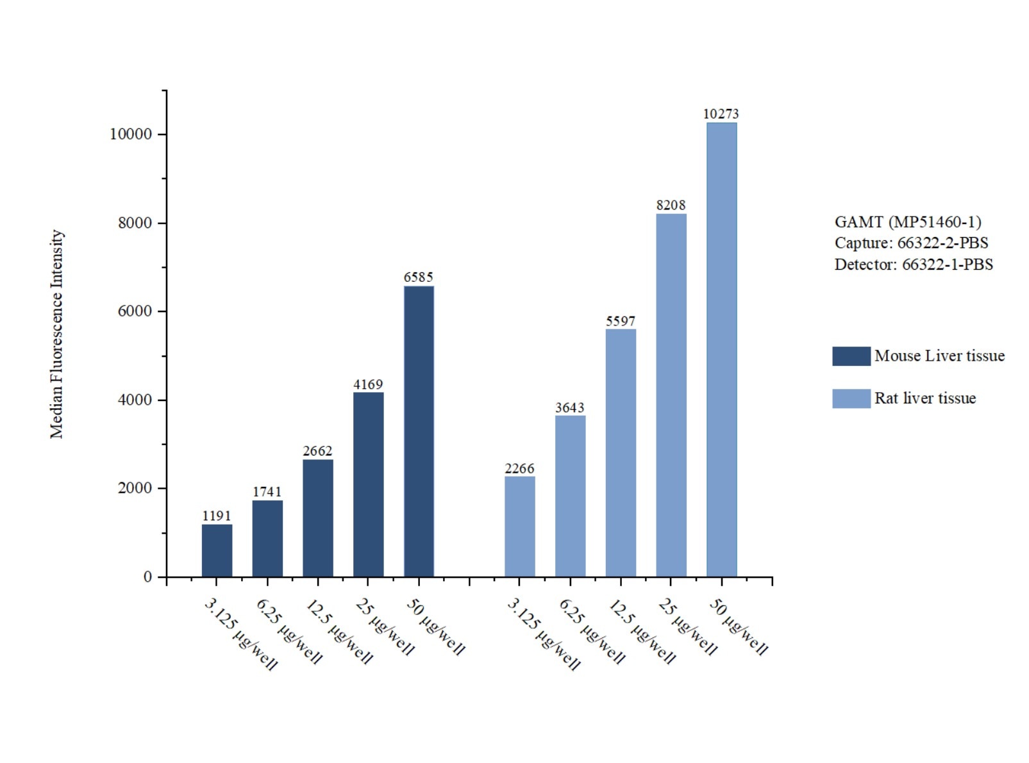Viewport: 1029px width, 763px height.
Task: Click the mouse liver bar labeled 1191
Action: [x=217, y=550]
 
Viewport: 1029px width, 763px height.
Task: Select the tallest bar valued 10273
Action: [x=721, y=349]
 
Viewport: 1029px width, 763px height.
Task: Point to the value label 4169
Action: [x=368, y=384]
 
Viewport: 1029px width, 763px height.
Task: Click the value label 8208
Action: [x=671, y=205]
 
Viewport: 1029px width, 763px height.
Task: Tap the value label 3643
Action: [x=570, y=407]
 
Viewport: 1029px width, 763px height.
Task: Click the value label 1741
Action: [x=267, y=491]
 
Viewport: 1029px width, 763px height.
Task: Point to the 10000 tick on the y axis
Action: [x=131, y=134]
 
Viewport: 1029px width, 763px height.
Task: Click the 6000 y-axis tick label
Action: [x=135, y=311]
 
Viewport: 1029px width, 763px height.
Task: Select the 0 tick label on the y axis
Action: [x=147, y=577]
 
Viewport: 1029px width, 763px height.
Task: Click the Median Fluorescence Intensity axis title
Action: [x=57, y=334]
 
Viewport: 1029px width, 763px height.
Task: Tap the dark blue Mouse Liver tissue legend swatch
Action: [x=851, y=356]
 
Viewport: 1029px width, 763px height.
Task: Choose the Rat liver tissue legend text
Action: [x=924, y=398]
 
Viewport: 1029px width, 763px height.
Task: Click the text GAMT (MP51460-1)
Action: [x=907, y=222]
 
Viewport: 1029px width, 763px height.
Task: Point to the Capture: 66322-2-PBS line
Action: [x=911, y=243]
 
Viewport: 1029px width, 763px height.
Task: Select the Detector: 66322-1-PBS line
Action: [x=913, y=265]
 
